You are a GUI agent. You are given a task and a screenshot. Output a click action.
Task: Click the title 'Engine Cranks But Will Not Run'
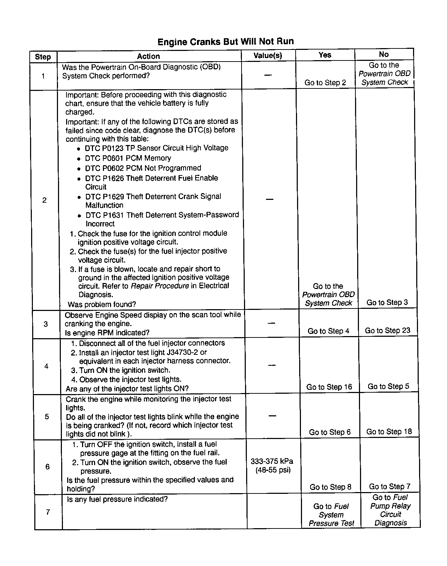coord(225,42)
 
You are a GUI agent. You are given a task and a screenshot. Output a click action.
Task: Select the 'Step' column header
coord(43,57)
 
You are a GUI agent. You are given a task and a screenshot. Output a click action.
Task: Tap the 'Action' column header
coord(149,56)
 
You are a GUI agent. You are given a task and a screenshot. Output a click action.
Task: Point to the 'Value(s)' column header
coord(268,56)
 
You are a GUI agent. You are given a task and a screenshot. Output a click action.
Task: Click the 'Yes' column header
coord(325,55)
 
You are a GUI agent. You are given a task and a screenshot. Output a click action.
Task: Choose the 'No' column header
coord(384,54)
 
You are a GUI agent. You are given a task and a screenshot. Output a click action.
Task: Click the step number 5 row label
coord(47,416)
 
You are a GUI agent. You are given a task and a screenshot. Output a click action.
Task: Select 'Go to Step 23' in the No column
coord(388,330)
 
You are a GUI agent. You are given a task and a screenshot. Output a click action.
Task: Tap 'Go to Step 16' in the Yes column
coord(329,387)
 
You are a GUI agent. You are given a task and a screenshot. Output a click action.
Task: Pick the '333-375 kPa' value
coord(272,461)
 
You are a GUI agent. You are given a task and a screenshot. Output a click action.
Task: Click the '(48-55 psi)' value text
coord(273,470)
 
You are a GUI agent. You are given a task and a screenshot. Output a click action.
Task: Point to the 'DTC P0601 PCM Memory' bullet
coord(128,158)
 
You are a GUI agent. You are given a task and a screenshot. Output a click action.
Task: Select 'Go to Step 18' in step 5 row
coord(389,432)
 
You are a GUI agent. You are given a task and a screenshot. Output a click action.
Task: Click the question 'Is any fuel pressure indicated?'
coord(117,499)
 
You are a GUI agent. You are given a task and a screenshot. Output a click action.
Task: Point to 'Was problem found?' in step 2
coord(102,304)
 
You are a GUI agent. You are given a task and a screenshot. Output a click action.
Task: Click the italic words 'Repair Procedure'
coord(160,286)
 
